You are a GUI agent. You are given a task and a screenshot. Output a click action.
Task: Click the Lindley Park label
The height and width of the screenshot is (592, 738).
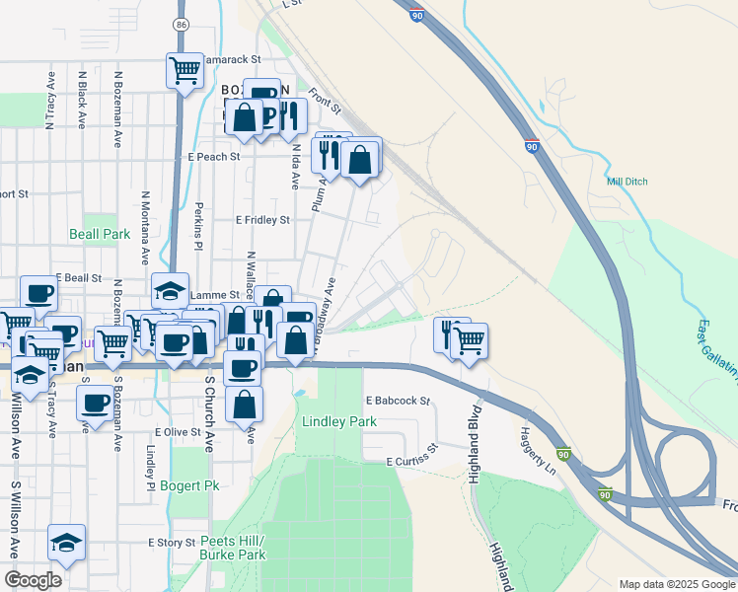[339, 421]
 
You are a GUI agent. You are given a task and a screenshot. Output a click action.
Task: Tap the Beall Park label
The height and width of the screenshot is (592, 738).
[100, 235]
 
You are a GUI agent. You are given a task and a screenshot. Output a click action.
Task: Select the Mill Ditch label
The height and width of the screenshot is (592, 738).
[627, 182]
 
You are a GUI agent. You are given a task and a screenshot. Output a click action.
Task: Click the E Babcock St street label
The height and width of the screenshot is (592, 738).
[399, 402]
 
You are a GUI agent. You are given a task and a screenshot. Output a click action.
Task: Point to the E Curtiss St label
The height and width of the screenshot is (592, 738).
[416, 461]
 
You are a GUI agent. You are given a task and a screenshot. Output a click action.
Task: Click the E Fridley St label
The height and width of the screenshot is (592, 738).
[262, 220]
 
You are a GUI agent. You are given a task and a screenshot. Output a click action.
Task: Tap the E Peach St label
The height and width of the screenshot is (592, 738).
[213, 157]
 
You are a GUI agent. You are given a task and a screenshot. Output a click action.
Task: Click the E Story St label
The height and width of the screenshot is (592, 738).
[173, 542]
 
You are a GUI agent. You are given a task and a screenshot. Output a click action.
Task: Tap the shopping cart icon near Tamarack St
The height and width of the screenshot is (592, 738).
[184, 71]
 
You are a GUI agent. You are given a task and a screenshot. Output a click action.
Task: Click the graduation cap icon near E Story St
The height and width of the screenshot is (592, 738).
[66, 543]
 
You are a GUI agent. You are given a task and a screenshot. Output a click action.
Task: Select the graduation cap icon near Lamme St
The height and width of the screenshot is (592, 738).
[170, 291]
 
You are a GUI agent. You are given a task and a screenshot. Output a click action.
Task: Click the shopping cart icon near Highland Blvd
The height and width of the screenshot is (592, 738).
[470, 341]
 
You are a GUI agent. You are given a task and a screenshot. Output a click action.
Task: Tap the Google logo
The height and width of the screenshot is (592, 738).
[34, 580]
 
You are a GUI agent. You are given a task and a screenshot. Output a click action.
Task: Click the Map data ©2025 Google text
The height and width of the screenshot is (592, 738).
[677, 584]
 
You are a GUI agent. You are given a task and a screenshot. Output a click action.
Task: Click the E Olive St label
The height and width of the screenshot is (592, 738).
[178, 432]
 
